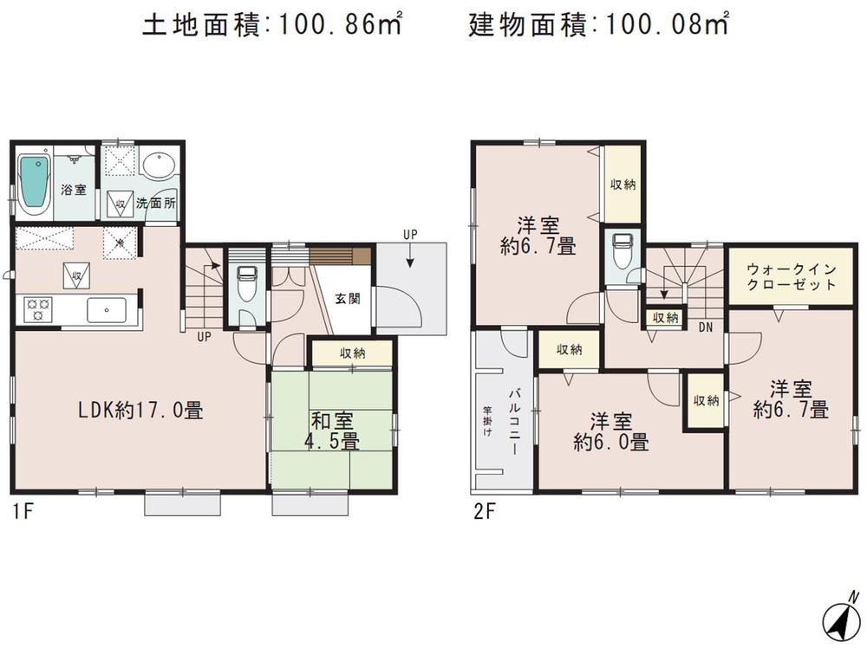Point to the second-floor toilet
tap(620, 253)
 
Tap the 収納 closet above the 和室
tap(352, 353)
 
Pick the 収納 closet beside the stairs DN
tap(665, 318)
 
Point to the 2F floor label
tap(484, 510)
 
